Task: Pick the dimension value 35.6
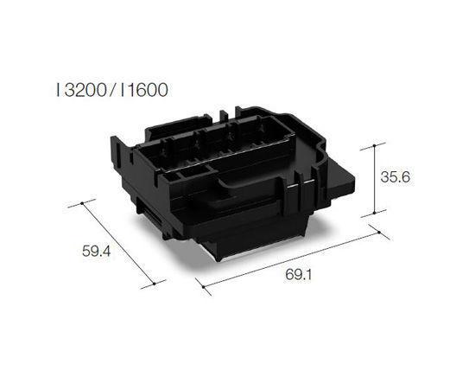(x=394, y=176)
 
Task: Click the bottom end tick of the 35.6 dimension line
(x=374, y=214)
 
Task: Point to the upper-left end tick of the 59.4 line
(x=82, y=204)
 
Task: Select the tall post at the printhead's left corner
(x=120, y=156)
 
